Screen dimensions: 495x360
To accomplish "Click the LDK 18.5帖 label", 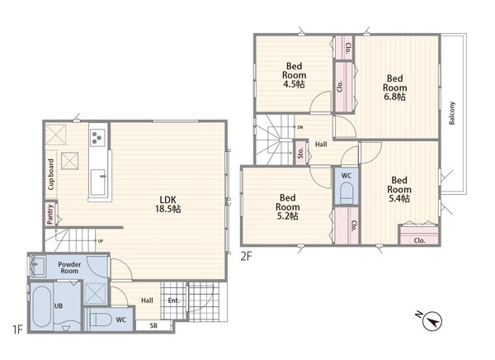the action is tap(168, 204).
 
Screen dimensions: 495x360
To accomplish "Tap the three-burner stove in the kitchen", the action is tap(97, 138).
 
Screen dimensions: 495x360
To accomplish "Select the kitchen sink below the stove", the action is tap(98, 182).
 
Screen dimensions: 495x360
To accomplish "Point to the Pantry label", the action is tap(49, 215).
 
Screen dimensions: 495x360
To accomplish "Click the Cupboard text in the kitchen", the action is tap(51, 174).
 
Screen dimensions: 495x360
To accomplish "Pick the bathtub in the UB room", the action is tap(41, 306).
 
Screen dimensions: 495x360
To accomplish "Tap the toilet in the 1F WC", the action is tap(100, 320).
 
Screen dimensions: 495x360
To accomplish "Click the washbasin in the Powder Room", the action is tap(38, 266).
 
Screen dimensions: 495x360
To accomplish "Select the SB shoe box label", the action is tap(153, 325).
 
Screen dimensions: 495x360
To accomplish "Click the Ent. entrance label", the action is tap(173, 301).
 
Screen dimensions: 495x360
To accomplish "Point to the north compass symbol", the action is tap(431, 321).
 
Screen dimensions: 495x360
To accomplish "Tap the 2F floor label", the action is tap(246, 256).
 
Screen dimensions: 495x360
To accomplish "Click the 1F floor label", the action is tap(17, 329).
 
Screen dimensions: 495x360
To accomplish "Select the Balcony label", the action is tap(452, 113).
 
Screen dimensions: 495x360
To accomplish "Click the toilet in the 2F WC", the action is tap(346, 193).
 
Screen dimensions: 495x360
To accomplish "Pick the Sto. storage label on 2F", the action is tap(300, 153).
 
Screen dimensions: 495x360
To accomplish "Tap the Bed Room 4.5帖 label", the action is tap(294, 75).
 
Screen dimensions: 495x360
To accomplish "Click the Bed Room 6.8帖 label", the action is tap(394, 88).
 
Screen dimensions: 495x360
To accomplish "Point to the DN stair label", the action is tap(300, 127).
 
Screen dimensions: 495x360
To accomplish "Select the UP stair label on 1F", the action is tap(101, 241).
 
